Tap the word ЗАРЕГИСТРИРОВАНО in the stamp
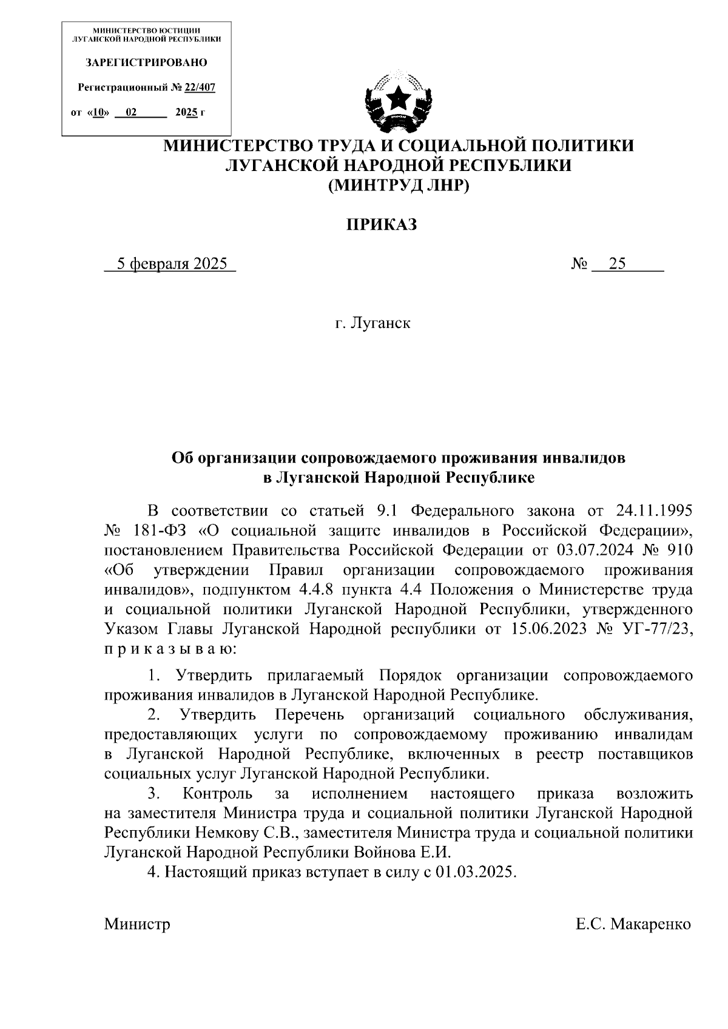tap(146, 62)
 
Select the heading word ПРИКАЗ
tap(382, 226)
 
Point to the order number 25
tap(618, 264)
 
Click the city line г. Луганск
tap(372, 323)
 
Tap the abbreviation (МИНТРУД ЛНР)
tap(399, 186)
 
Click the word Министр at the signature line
tap(137, 924)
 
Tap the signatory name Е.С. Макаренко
tap(633, 924)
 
